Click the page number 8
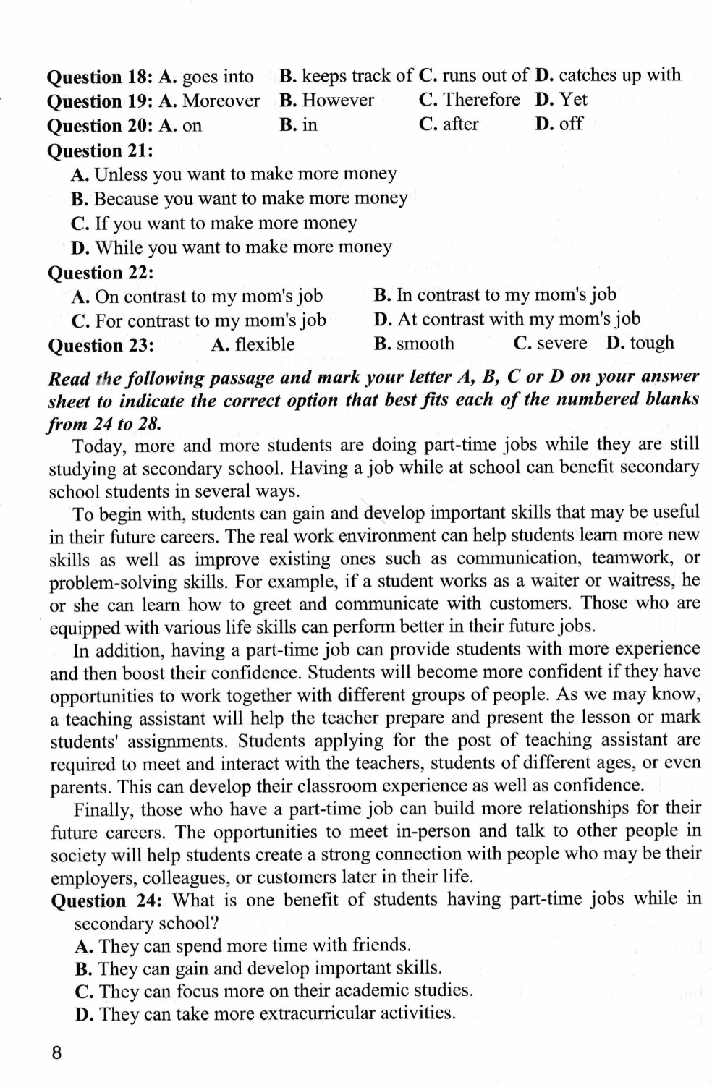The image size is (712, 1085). click(57, 1053)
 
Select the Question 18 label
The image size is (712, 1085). click(100, 77)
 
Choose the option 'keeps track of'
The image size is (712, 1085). click(357, 76)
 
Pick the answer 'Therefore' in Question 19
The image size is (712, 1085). click(481, 100)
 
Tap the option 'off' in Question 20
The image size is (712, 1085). click(570, 124)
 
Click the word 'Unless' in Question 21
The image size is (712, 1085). click(121, 174)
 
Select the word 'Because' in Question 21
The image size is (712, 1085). click(126, 199)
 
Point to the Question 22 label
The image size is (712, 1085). click(101, 273)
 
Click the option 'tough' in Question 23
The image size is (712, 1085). click(651, 343)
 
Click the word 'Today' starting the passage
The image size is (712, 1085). click(101, 446)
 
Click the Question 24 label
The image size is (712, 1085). click(107, 901)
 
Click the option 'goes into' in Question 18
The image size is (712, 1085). click(218, 77)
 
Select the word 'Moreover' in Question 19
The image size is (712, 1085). click(221, 101)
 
